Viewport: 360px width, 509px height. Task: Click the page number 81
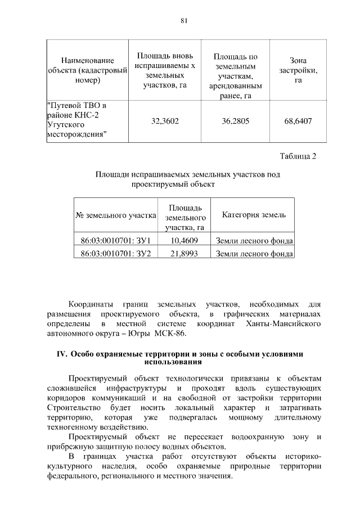tap(183, 21)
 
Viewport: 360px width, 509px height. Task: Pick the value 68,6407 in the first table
tap(298, 121)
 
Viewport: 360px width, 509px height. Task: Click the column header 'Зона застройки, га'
tap(298, 70)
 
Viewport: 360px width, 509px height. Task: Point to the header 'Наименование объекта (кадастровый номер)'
tap(87, 70)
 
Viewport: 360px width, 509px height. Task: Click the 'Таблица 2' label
tap(298, 156)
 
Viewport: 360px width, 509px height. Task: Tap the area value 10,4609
tap(184, 241)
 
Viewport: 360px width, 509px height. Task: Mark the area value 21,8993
tap(184, 254)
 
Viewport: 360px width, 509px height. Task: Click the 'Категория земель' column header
tap(254, 215)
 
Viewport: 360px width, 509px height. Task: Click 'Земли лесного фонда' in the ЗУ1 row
tap(254, 241)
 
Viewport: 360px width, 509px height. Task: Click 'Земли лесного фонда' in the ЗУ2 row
tap(254, 254)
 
